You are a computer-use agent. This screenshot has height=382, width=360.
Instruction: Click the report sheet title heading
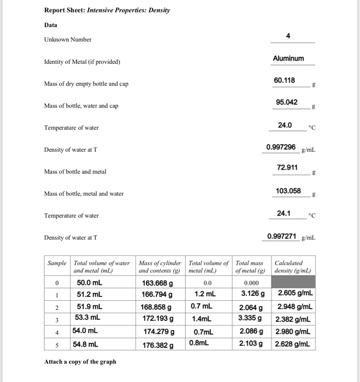tap(107, 10)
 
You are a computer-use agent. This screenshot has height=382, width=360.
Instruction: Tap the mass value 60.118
tap(285, 80)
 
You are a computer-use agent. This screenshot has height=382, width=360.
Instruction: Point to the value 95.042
tap(287, 102)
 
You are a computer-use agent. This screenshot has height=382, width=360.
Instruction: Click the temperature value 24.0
tap(285, 125)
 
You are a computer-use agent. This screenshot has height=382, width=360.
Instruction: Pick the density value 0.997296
tap(281, 147)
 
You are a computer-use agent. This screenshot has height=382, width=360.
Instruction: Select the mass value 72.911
tap(287, 168)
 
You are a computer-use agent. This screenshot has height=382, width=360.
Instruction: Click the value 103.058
tap(288, 190)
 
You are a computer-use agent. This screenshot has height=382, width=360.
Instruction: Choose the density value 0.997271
tap(281, 236)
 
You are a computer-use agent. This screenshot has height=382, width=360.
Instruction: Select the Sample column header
tap(57, 262)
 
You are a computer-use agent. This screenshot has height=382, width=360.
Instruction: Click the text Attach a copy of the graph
tap(80, 361)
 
